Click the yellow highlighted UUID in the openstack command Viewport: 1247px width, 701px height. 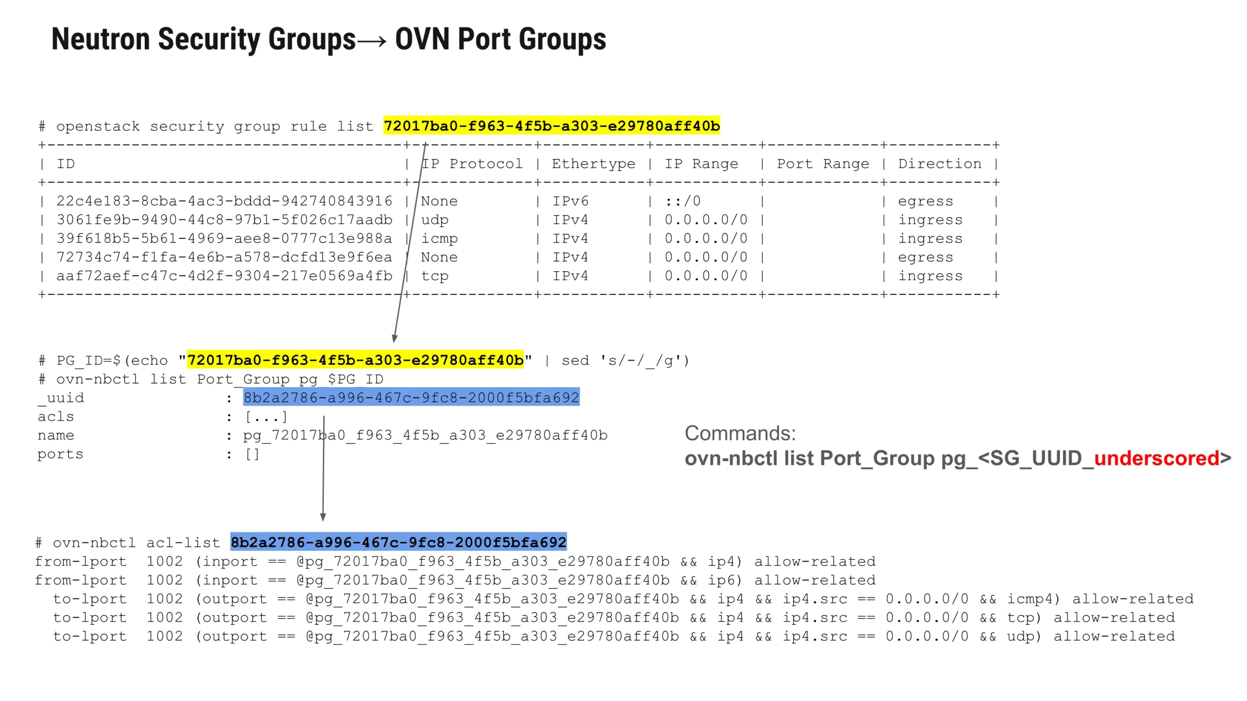pos(551,126)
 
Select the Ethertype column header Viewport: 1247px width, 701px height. pos(593,164)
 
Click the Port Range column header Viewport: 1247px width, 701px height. pos(822,164)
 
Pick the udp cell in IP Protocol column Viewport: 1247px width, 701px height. pos(435,220)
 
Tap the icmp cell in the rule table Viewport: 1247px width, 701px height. pos(439,239)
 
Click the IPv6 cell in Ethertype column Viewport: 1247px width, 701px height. pos(570,201)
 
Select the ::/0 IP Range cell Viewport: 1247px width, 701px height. pos(682,201)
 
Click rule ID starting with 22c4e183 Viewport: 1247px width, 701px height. pos(224,201)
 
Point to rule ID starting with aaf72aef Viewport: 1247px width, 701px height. pos(224,276)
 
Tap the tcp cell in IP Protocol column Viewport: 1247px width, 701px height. pos(435,276)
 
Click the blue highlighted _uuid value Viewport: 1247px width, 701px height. pos(411,398)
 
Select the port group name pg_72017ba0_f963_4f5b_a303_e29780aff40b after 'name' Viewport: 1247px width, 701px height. pos(425,435)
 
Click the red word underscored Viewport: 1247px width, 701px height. pos(1156,458)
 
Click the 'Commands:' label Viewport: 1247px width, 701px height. pos(740,433)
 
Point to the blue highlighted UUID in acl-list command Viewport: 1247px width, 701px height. pos(398,542)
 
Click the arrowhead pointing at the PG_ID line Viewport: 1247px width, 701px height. pos(395,338)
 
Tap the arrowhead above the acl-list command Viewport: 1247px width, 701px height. pos(322,517)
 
